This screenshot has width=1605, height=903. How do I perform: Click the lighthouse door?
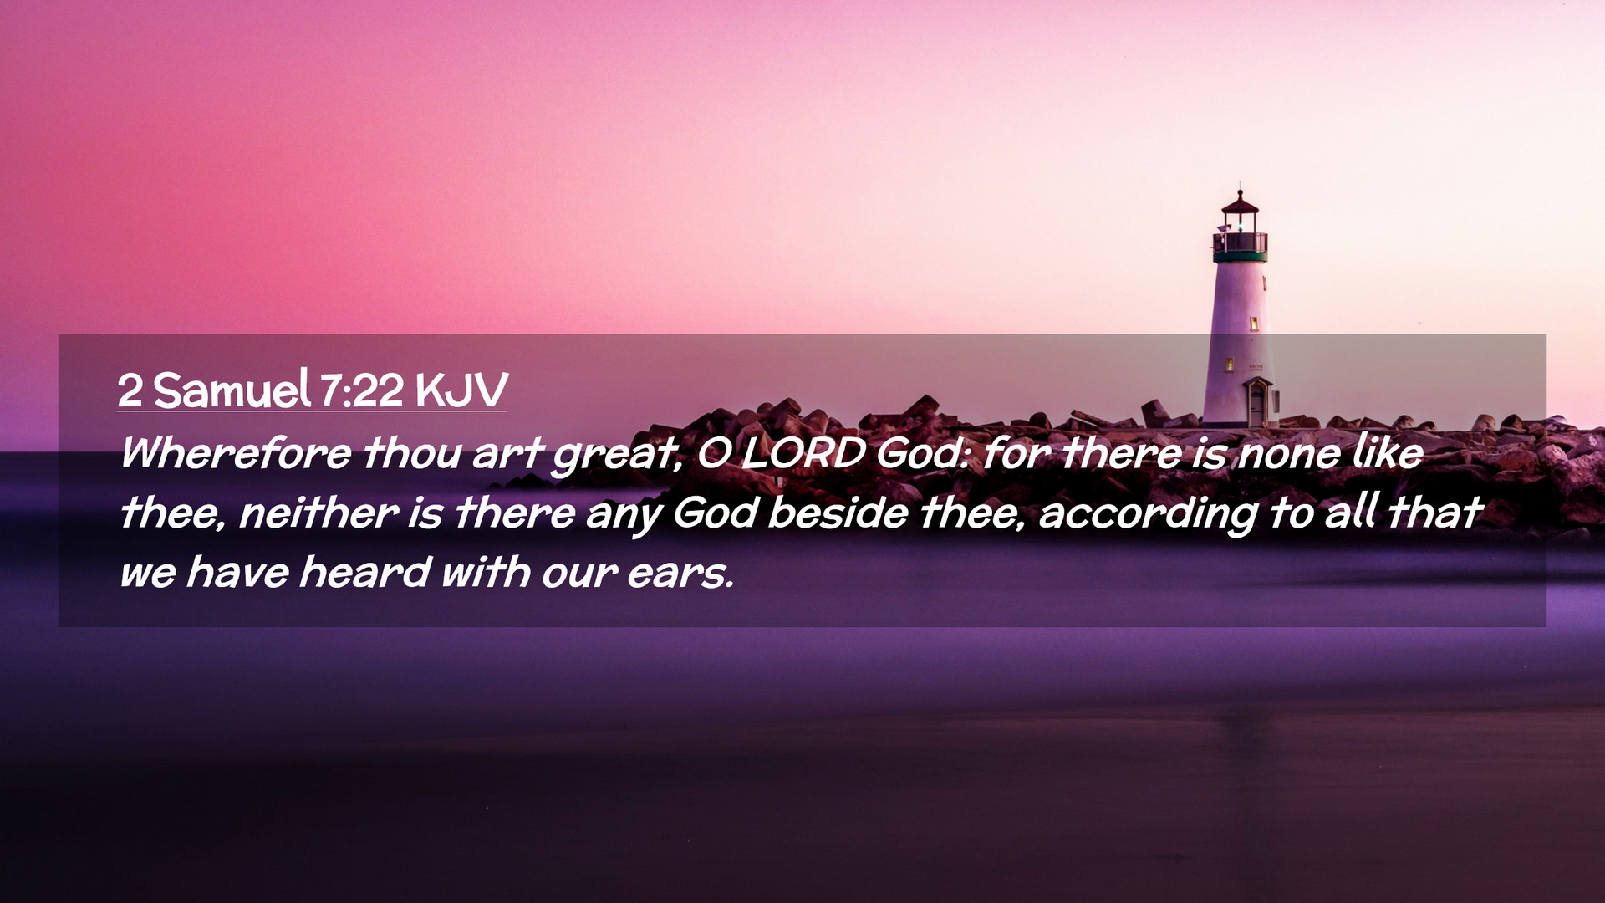(1256, 404)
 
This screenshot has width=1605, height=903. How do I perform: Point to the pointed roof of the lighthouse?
(1240, 202)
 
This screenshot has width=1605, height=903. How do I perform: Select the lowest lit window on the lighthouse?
(1230, 364)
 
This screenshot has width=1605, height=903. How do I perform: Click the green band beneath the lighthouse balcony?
(1241, 257)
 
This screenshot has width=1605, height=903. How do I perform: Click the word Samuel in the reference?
(232, 390)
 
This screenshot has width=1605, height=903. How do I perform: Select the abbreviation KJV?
(461, 390)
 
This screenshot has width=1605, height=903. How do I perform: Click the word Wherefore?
(236, 452)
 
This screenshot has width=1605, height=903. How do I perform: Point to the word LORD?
(803, 453)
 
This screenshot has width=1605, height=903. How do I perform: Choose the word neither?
(318, 512)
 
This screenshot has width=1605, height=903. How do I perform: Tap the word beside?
(838, 512)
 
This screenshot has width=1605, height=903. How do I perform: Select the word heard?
(364, 572)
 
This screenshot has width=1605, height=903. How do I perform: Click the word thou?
(412, 452)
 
